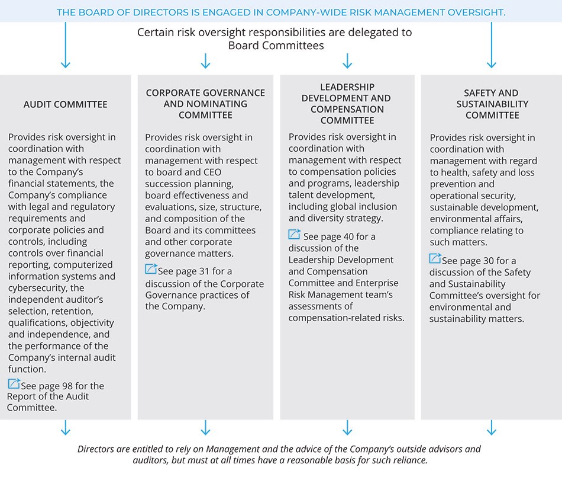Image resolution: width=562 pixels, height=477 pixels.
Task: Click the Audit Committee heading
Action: (66, 104)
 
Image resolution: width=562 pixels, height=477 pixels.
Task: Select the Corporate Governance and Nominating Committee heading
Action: (205, 104)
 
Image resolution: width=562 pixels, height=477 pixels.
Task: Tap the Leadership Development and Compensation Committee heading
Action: (347, 104)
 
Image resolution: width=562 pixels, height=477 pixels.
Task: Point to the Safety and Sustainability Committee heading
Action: (491, 104)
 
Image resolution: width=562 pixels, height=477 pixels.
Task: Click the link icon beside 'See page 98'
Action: (14, 384)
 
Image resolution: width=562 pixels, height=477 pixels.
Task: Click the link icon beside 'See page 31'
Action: (151, 270)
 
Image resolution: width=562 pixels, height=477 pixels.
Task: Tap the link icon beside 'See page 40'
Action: (295, 235)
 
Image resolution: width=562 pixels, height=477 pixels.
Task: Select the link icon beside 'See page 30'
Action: (435, 259)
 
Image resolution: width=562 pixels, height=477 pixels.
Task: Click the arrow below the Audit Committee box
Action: (65, 428)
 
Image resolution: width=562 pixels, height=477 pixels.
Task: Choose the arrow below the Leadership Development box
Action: (347, 428)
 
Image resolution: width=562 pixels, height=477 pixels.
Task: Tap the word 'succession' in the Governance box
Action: (169, 184)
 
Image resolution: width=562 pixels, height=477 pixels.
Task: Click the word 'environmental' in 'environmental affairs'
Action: (458, 219)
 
